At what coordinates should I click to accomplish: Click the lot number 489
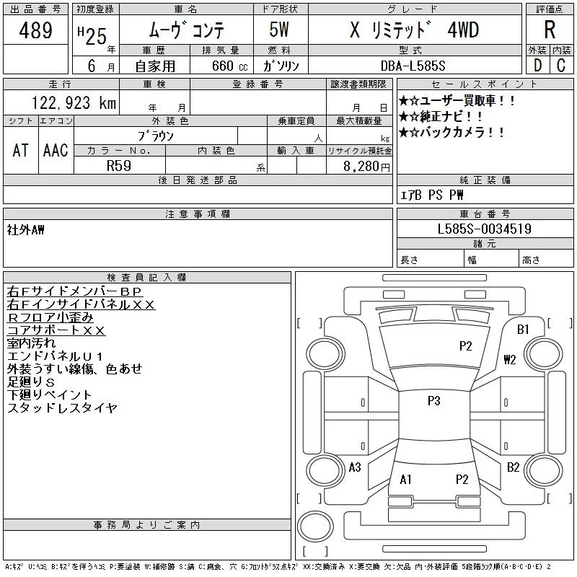coord(35,30)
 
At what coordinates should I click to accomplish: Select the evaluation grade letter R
coord(550,30)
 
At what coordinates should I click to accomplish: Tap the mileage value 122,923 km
coord(74,102)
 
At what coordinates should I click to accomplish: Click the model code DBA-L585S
coord(413,66)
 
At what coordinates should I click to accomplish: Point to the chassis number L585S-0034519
coord(484,229)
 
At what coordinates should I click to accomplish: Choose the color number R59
coord(119,166)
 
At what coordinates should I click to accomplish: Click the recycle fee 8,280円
coord(366,167)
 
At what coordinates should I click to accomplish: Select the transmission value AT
coord(21,150)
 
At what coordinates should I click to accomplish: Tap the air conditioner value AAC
coord(56,150)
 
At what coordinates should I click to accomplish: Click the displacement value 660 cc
coord(229,66)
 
